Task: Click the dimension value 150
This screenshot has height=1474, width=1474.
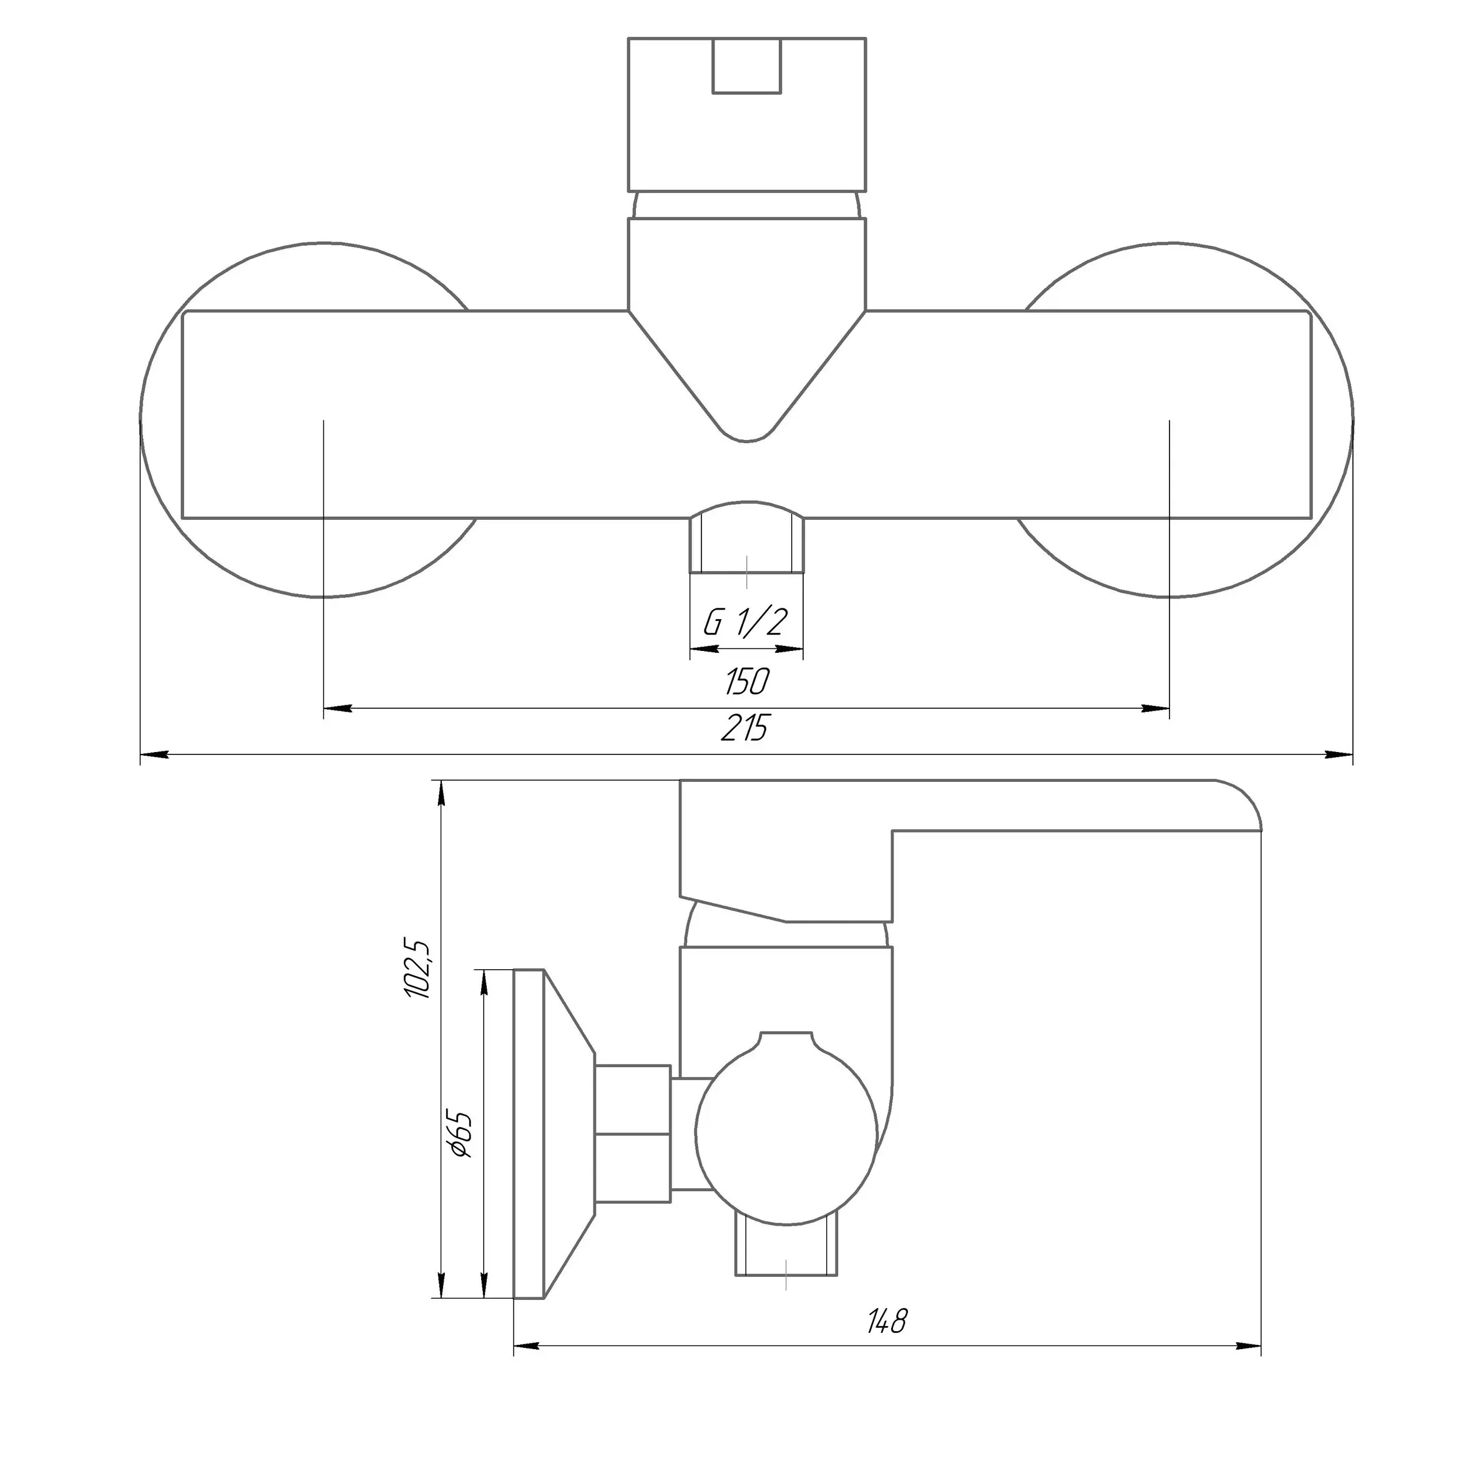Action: coord(747,681)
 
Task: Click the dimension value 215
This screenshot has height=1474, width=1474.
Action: coord(745,729)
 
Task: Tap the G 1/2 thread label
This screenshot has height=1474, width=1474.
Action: coord(744,623)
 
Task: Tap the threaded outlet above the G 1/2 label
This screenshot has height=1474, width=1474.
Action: coord(747,537)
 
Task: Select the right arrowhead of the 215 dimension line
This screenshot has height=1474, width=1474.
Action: coord(1339,755)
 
